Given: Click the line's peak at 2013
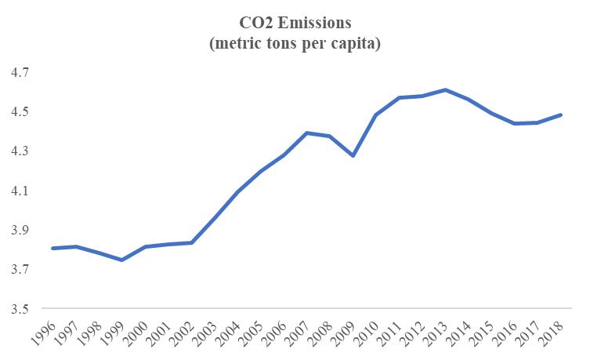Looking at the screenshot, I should click(x=445, y=90).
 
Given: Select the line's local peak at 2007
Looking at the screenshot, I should click(x=307, y=133).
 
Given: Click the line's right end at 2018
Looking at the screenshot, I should click(x=560, y=115).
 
